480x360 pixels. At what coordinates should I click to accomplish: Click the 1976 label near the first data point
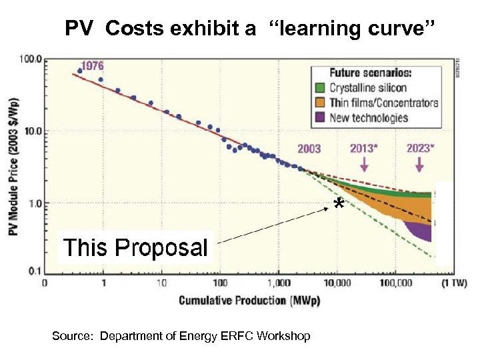pyautogui.click(x=93, y=67)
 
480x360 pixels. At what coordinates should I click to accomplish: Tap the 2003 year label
pyautogui.click(x=309, y=149)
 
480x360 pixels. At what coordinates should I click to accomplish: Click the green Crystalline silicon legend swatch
pyautogui.click(x=320, y=88)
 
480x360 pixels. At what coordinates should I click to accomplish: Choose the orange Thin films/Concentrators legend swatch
pyautogui.click(x=320, y=103)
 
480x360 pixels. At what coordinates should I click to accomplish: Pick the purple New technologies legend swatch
pyautogui.click(x=320, y=118)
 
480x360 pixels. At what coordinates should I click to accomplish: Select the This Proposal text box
pyautogui.click(x=135, y=247)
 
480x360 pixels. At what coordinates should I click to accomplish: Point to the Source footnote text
pyautogui.click(x=181, y=336)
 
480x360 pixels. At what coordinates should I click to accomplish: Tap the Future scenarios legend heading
pyautogui.click(x=371, y=72)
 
